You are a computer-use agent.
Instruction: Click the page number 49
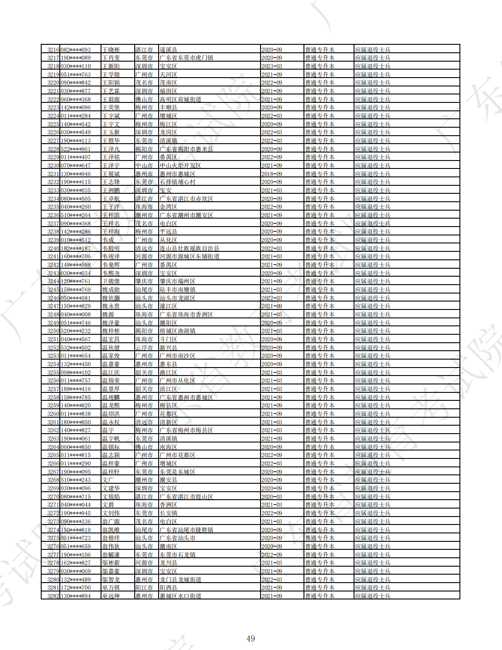click(x=250, y=638)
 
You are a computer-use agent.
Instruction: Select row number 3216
click(x=53, y=50)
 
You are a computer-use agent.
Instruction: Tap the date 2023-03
click(x=272, y=66)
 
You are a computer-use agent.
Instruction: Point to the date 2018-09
click(x=272, y=174)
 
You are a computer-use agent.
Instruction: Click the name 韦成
click(x=108, y=240)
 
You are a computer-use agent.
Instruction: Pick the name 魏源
click(x=108, y=314)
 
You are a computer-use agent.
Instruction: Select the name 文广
click(x=108, y=480)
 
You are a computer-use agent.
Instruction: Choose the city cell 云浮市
click(x=144, y=348)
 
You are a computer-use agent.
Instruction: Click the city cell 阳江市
click(x=144, y=587)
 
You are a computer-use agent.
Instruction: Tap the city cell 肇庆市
click(x=144, y=281)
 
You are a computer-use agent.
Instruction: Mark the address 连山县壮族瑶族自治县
click(x=190, y=248)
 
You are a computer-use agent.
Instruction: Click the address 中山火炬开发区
click(x=180, y=165)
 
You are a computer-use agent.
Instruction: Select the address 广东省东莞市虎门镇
click(x=187, y=58)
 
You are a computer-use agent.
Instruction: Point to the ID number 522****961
click(x=76, y=149)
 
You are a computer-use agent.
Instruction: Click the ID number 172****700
click(x=76, y=587)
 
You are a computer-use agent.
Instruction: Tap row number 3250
click(x=53, y=331)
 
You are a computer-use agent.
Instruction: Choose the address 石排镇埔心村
click(x=178, y=182)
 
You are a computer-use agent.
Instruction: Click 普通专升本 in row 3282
click(x=319, y=596)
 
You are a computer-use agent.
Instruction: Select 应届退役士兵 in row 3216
click(x=373, y=50)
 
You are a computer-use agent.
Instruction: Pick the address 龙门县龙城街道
click(x=180, y=580)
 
